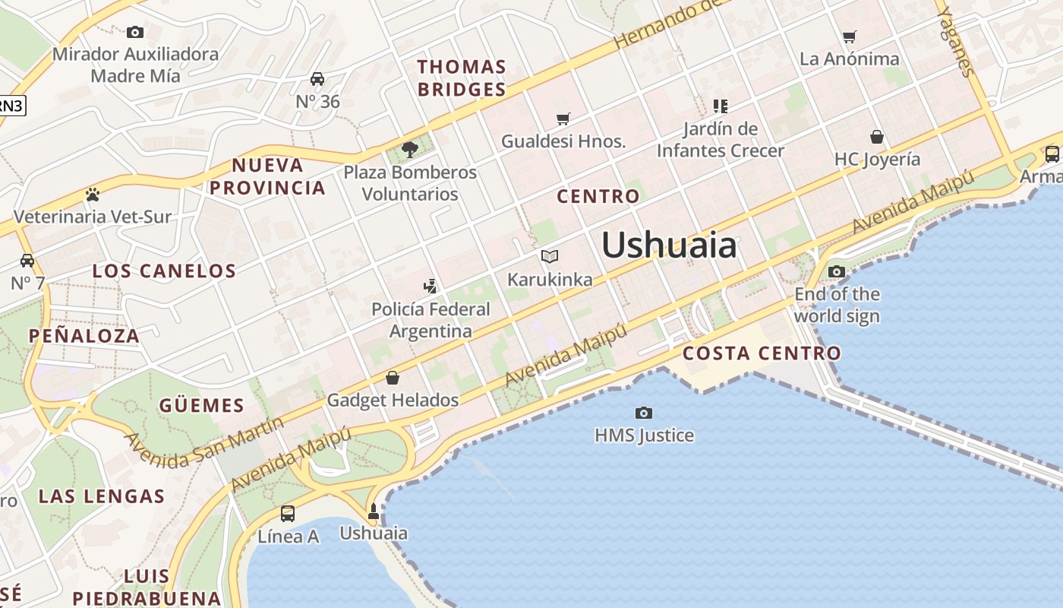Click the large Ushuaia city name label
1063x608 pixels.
coord(669,245)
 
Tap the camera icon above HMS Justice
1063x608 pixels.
coord(644,413)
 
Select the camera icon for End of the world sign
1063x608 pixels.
coord(836,271)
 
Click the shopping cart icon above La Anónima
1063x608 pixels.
coord(850,36)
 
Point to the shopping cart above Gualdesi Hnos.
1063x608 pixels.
coord(563,119)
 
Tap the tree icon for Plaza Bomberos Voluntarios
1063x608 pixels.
coord(409,149)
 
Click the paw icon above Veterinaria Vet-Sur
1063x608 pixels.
coord(93,195)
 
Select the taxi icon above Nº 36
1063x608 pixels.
coord(317,79)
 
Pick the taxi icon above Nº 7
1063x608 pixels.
coord(27,261)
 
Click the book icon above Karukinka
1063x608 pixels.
coord(550,257)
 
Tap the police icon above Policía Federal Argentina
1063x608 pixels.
coord(431,287)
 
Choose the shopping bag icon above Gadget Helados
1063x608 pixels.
coord(393,377)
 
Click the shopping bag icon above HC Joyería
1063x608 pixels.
coord(877,137)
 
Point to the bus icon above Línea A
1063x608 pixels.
coord(288,514)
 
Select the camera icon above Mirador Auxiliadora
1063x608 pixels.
coord(135,32)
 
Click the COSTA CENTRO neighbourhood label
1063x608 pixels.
coord(762,353)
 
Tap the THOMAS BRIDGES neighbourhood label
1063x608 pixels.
coord(462,78)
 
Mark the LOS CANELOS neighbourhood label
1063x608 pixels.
coord(164,271)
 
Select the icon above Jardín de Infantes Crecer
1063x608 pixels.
coord(720,106)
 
